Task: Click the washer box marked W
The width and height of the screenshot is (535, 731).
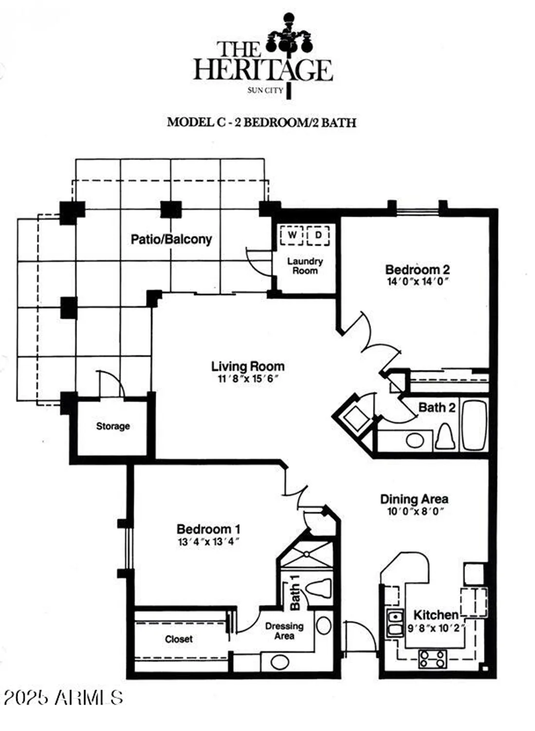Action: [x=292, y=235]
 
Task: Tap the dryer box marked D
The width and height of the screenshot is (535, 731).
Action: [x=318, y=235]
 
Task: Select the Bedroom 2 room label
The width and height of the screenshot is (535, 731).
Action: [x=417, y=269]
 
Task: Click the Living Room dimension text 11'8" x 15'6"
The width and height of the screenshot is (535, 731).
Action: [x=248, y=379]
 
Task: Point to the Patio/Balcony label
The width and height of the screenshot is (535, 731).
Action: [x=171, y=239]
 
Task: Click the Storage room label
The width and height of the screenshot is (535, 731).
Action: [x=113, y=426]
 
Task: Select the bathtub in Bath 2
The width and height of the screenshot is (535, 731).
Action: [x=474, y=424]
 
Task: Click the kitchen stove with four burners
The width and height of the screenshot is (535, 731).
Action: [x=432, y=659]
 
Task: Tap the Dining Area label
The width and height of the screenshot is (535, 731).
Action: [x=414, y=499]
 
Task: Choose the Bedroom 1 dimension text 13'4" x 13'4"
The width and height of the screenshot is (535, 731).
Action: [x=208, y=541]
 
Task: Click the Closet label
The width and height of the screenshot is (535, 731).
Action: [x=179, y=639]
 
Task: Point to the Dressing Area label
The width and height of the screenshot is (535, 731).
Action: [x=284, y=631]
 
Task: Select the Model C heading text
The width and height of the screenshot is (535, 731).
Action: [x=261, y=122]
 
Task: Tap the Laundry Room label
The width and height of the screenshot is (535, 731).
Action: [x=305, y=266]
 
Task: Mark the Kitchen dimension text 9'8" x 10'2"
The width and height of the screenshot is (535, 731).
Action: [x=435, y=628]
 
